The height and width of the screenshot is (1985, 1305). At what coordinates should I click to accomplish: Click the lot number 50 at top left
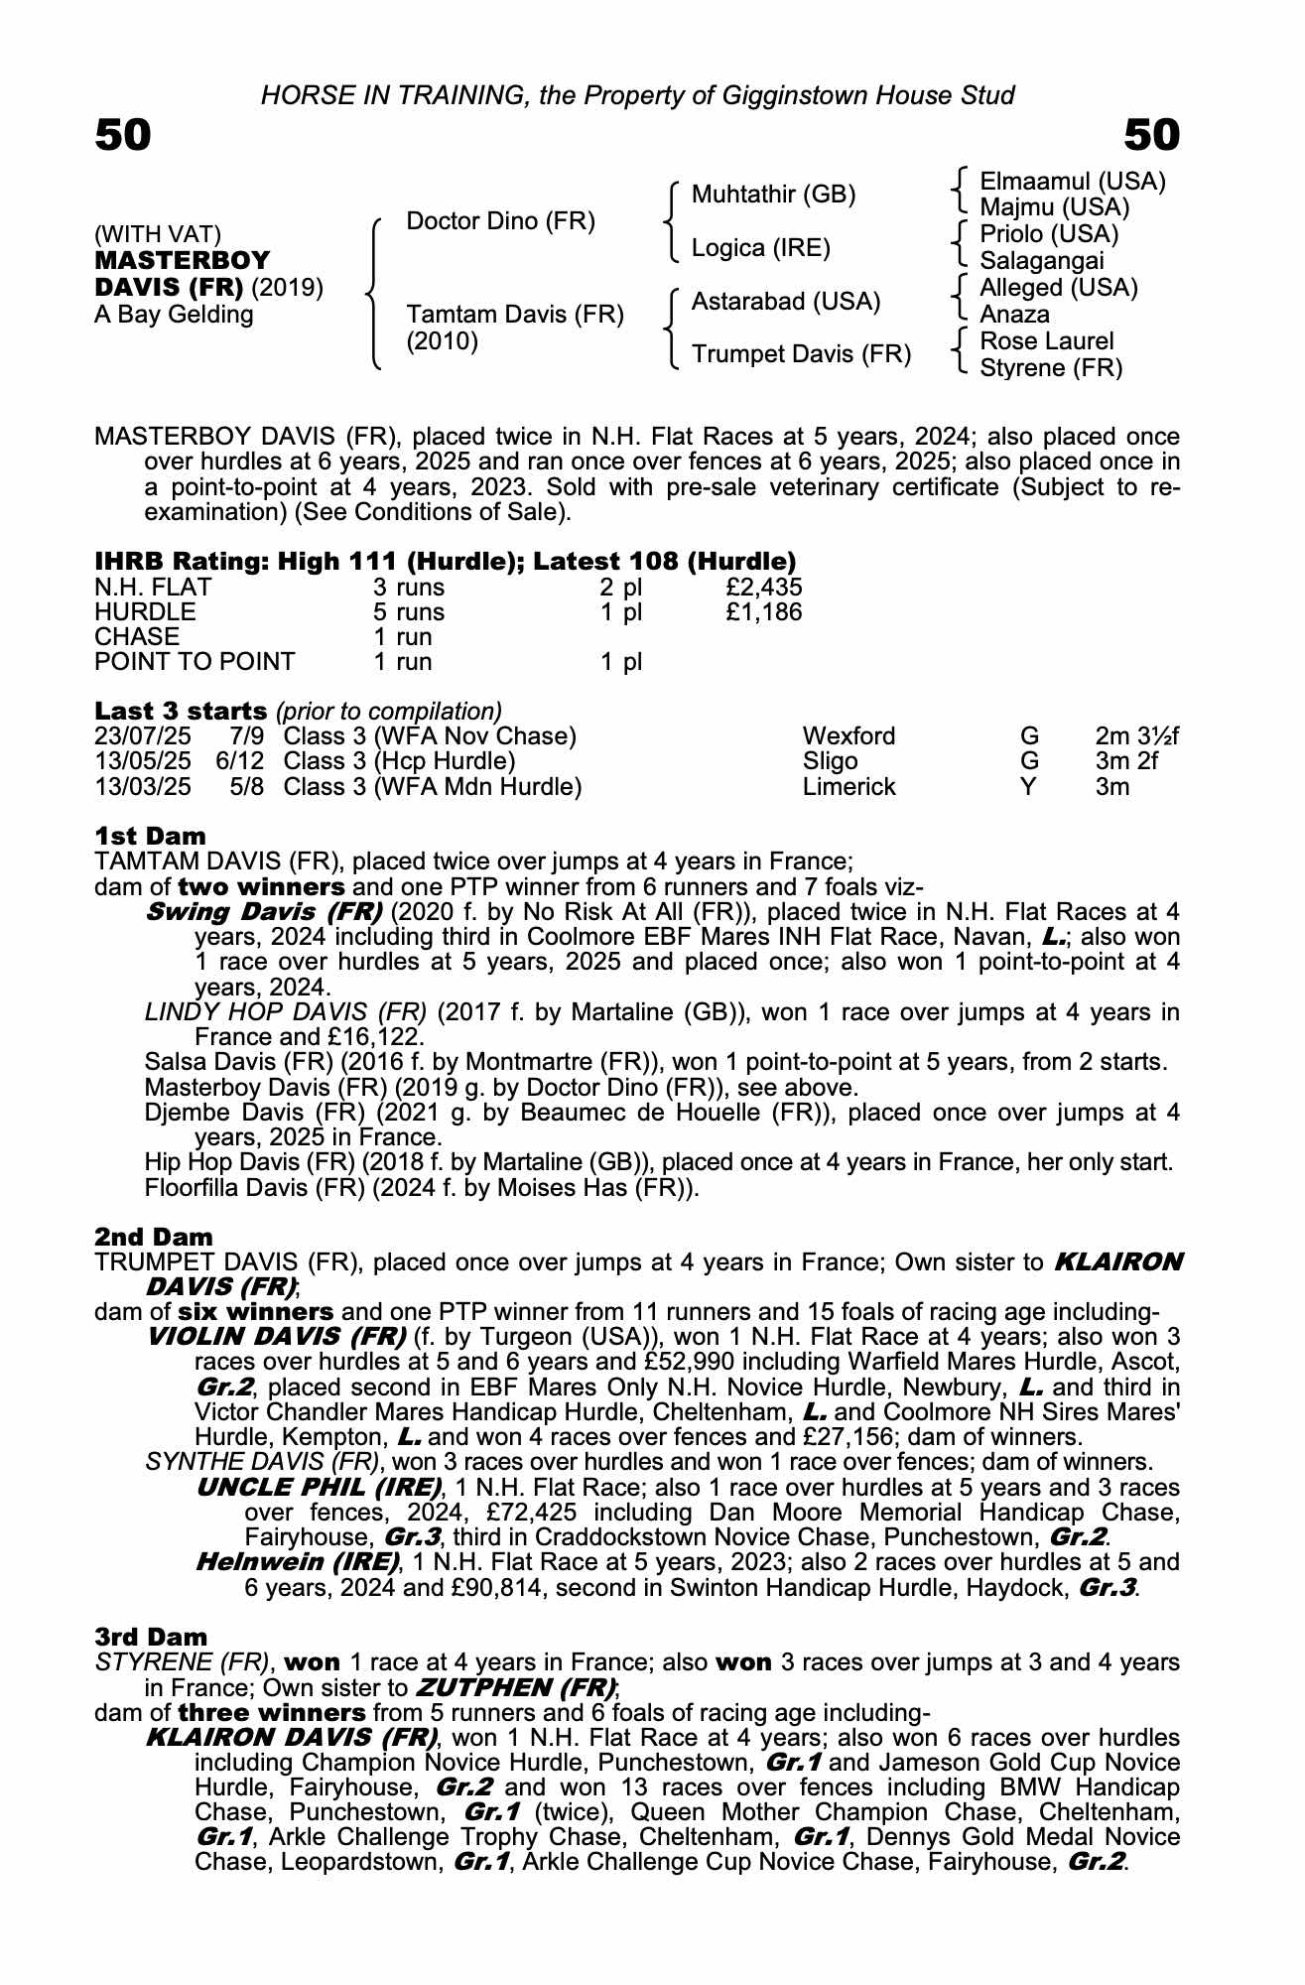(123, 135)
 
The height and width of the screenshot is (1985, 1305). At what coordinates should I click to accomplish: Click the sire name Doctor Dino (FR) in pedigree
(500, 221)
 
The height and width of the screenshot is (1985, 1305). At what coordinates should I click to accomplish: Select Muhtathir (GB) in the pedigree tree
(773, 195)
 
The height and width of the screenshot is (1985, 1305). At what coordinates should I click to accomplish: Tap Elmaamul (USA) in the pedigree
(1072, 182)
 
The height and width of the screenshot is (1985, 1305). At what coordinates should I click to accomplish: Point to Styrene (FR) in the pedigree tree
(1051, 368)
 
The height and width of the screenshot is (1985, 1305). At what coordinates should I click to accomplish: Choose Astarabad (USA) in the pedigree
(785, 302)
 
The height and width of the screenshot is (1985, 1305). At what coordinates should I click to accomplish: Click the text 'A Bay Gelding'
(174, 315)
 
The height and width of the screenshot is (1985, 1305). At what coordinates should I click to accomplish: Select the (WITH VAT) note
(158, 234)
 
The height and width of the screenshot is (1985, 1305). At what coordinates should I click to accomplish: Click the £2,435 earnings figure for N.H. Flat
(763, 587)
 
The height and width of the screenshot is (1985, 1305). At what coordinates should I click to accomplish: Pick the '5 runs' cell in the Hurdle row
(408, 612)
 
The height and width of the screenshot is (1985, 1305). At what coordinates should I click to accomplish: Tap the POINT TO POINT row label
(195, 662)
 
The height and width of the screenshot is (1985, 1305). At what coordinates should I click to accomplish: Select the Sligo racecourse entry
(830, 761)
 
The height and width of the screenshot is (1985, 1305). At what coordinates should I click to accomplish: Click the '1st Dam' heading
(151, 836)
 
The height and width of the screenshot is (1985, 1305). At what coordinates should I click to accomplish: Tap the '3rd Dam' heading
(152, 1637)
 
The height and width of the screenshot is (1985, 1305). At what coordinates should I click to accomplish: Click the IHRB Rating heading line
(445, 561)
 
